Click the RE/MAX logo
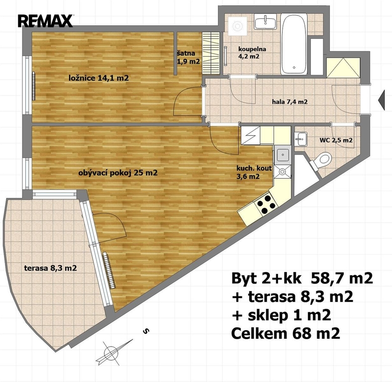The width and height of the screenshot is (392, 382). (45, 21)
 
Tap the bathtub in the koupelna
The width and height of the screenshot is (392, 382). (294, 44)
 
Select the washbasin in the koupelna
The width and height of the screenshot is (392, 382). (265, 21)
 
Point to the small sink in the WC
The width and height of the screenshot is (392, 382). (300, 139)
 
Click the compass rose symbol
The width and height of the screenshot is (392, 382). (113, 353)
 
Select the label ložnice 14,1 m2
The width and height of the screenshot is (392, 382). (99, 78)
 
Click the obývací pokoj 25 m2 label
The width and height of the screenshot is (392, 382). (118, 173)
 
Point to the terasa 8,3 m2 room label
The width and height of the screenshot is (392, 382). (51, 268)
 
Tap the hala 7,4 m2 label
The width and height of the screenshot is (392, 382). (290, 102)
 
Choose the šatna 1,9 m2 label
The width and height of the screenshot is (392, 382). (188, 57)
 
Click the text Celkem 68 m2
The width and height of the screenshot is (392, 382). (286, 333)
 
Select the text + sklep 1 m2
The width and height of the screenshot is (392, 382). (282, 315)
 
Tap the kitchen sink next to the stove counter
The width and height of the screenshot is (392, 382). (283, 155)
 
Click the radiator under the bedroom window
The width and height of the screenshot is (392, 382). (33, 86)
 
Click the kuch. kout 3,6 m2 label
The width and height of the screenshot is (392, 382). (254, 173)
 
